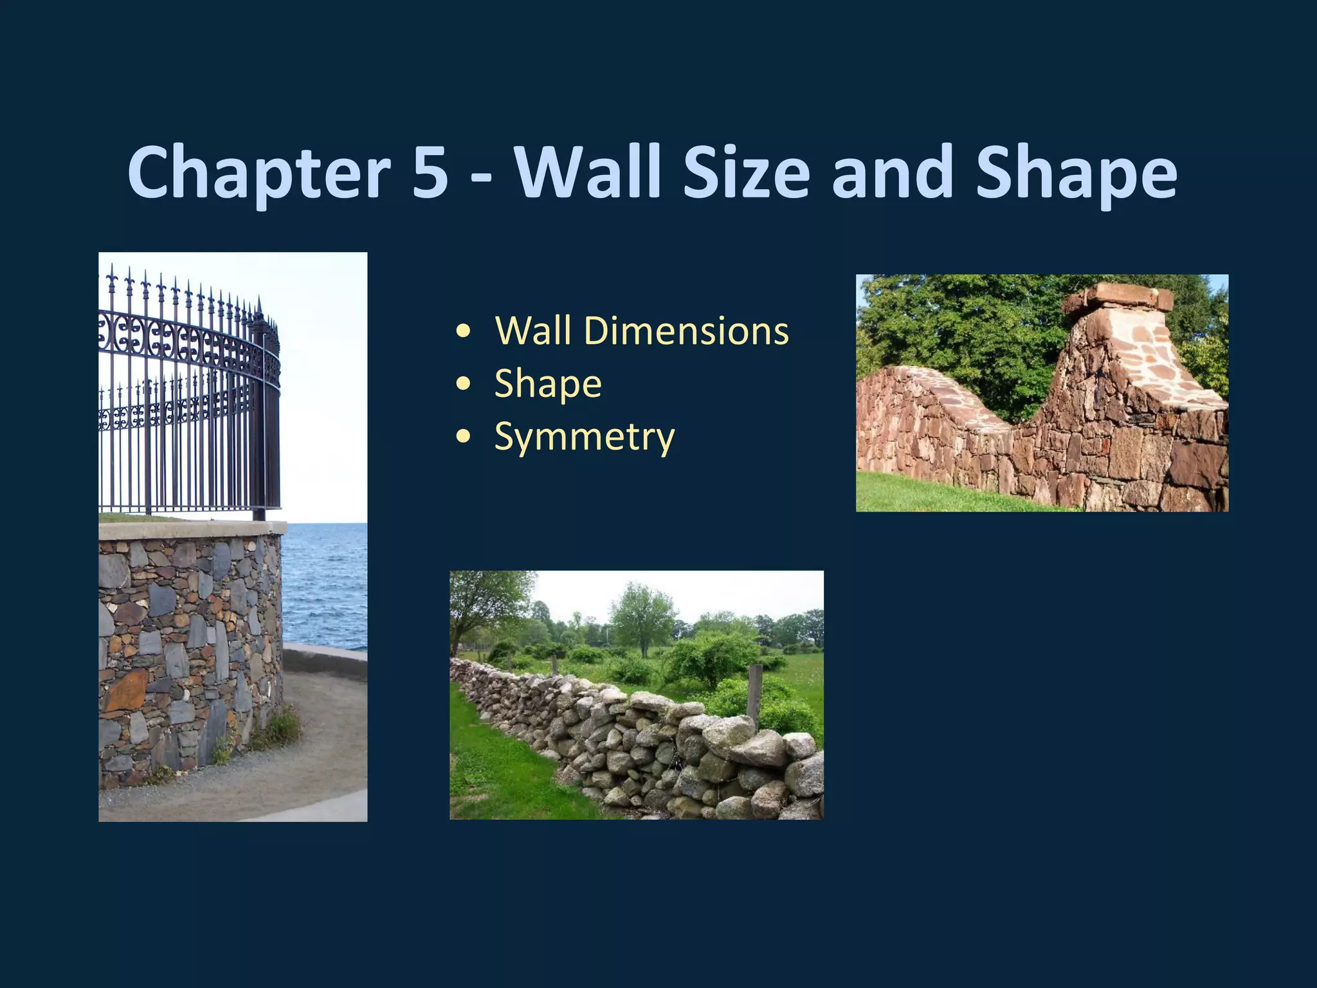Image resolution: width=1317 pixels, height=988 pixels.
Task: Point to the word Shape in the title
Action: point(1076,172)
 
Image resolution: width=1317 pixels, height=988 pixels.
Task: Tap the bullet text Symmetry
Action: point(584,437)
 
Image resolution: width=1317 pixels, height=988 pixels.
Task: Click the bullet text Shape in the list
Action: point(547,384)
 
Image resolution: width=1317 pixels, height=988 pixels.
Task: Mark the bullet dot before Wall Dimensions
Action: point(463,332)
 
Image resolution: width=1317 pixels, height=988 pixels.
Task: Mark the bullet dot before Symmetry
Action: point(463,437)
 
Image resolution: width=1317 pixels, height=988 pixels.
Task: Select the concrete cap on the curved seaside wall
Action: point(193,529)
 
